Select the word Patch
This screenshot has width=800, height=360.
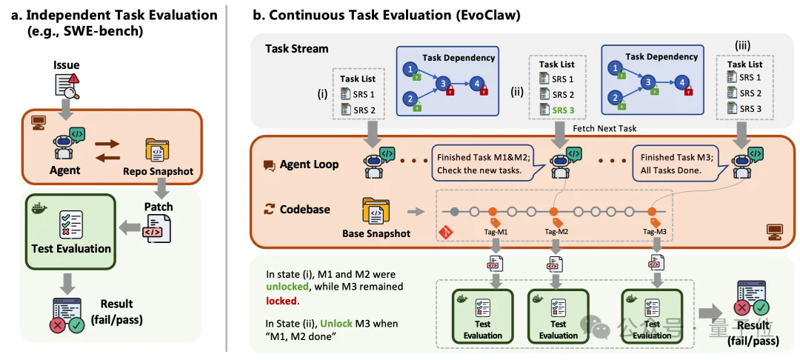(x=159, y=207)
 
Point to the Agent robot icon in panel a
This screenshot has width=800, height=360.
(x=65, y=144)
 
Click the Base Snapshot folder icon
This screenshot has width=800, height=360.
(x=376, y=211)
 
